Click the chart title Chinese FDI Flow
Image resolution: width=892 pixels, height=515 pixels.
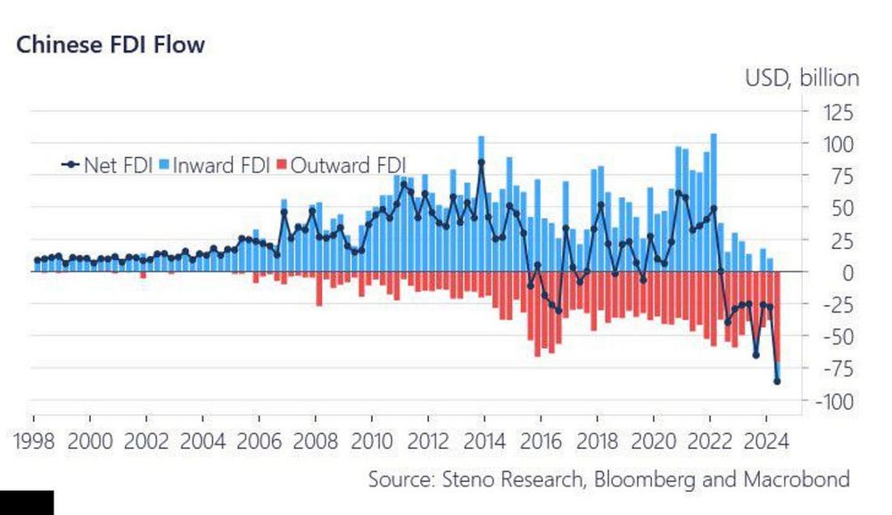pyautogui.click(x=111, y=44)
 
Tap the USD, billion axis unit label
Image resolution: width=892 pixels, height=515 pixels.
pyautogui.click(x=802, y=79)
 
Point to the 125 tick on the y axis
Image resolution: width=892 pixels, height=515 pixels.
pyautogui.click(x=836, y=112)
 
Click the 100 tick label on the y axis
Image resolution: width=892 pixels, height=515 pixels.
pyautogui.click(x=836, y=145)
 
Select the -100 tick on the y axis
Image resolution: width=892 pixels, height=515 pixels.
pyautogui.click(x=831, y=402)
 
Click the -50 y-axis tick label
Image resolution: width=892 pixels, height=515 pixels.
pyautogui.click(x=836, y=336)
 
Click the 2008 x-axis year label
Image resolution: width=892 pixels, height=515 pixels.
pyautogui.click(x=317, y=440)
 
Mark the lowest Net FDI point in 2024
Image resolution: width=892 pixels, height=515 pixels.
pyautogui.click(x=777, y=382)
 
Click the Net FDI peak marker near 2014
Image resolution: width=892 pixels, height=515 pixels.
pyautogui.click(x=482, y=162)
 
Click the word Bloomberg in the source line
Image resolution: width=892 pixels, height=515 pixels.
pyautogui.click(x=636, y=479)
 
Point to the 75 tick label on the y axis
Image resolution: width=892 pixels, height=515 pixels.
pyautogui.click(x=840, y=177)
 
